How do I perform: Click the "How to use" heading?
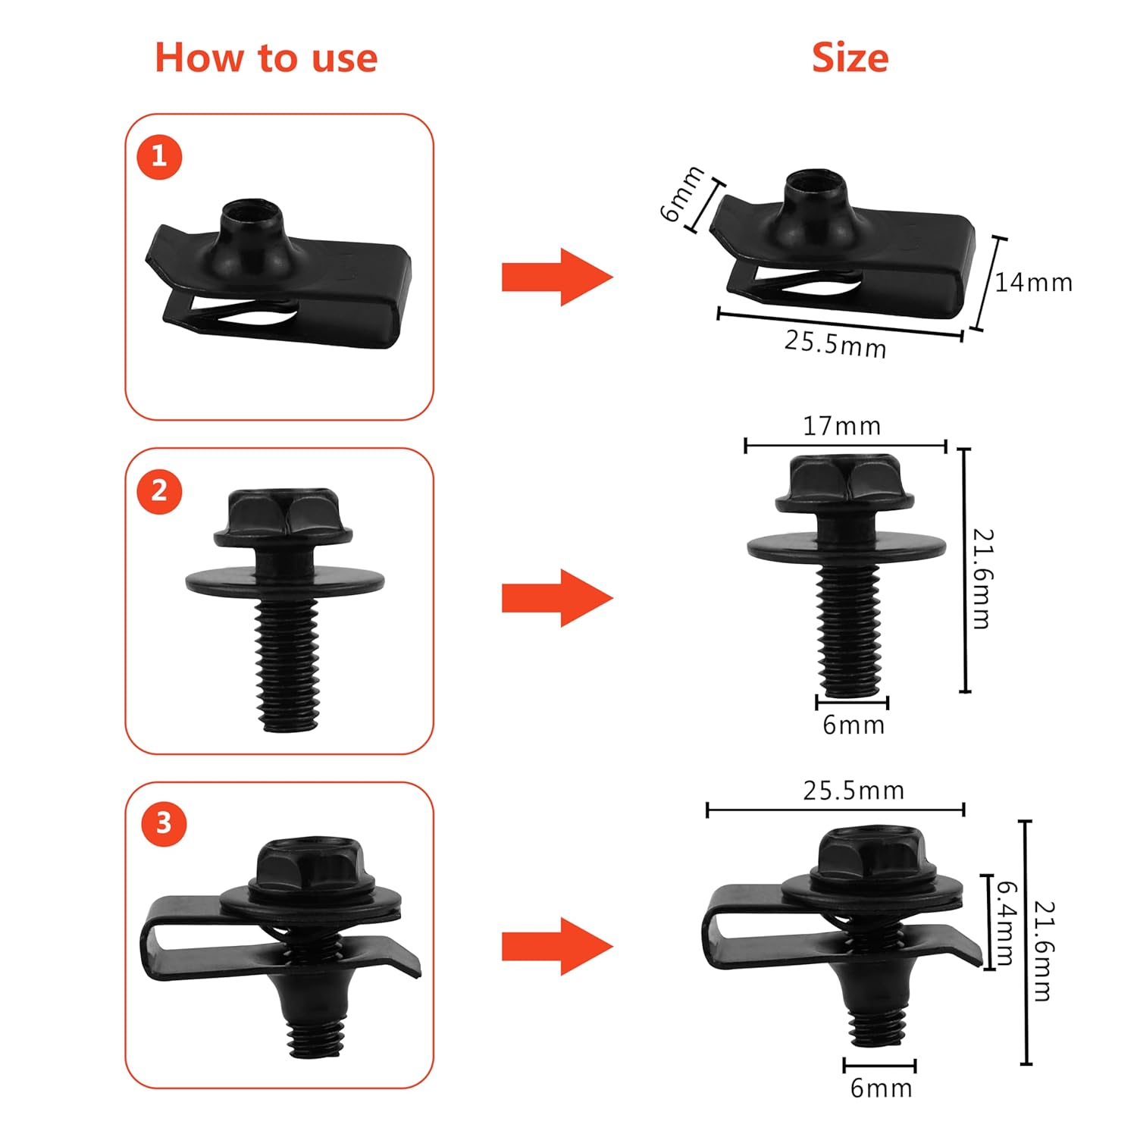[x=266, y=58]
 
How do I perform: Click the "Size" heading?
[x=850, y=58]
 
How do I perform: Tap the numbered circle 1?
[x=159, y=157]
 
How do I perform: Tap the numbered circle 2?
[x=159, y=491]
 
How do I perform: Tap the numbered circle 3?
[x=163, y=824]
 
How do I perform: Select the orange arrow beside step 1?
[x=557, y=277]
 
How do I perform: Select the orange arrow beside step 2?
[x=557, y=598]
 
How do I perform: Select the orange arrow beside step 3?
[x=557, y=946]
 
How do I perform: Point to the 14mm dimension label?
[x=1033, y=283]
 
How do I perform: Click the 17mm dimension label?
[x=841, y=426]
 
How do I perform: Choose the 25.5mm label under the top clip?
[x=835, y=343]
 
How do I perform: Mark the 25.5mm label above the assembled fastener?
[x=854, y=791]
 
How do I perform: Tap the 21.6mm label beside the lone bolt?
[x=982, y=578]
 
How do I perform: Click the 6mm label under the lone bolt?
[x=854, y=725]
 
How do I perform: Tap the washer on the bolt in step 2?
[x=285, y=580]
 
